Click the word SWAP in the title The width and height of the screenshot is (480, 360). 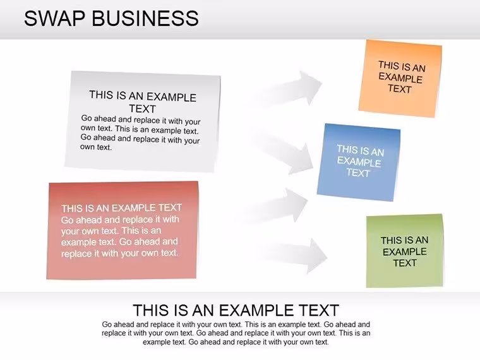(x=54, y=18)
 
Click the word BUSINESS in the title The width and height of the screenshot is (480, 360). (x=145, y=18)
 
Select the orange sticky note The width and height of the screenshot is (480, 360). (x=400, y=78)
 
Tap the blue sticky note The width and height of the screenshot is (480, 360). (x=359, y=162)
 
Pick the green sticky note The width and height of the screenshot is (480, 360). (x=405, y=251)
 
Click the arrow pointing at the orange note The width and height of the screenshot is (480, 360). (x=286, y=88)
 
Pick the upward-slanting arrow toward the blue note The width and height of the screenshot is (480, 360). (x=274, y=206)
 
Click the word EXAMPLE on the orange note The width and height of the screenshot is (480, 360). (x=400, y=78)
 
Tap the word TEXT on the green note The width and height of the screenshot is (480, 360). (x=405, y=263)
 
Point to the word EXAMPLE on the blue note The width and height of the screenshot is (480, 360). (x=359, y=161)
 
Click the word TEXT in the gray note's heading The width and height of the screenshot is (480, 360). (x=142, y=109)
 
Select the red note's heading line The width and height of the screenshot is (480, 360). (x=121, y=208)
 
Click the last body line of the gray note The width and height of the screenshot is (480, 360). (x=96, y=147)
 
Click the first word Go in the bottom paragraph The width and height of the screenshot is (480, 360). (x=107, y=324)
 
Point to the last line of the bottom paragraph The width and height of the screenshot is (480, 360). (x=236, y=342)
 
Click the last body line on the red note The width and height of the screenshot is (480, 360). (x=120, y=253)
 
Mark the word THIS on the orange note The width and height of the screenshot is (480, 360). (x=388, y=65)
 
